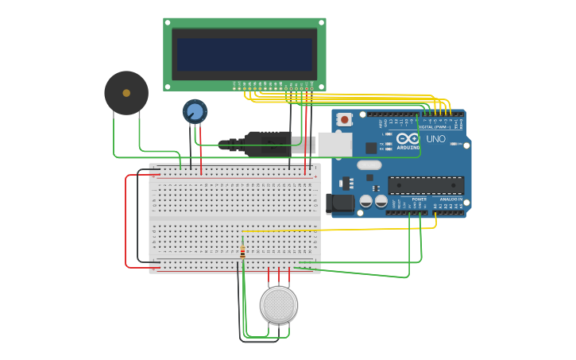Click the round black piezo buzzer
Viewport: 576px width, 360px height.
126,93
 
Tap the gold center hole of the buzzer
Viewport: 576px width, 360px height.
126,93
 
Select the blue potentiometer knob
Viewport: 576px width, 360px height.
195,111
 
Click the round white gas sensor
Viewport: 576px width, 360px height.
279,304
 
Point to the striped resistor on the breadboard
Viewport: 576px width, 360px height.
242,253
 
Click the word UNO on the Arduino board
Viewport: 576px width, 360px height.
435,139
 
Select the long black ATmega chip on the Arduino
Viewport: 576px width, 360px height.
425,185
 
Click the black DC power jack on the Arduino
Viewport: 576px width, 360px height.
340,203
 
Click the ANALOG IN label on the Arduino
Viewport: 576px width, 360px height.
450,199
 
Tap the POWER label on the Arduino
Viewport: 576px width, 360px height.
419,199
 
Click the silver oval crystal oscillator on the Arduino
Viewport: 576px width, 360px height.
369,165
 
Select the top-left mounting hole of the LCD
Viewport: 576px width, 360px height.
168,22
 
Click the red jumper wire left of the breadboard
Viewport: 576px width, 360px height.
126,223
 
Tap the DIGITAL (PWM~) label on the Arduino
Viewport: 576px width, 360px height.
434,126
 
